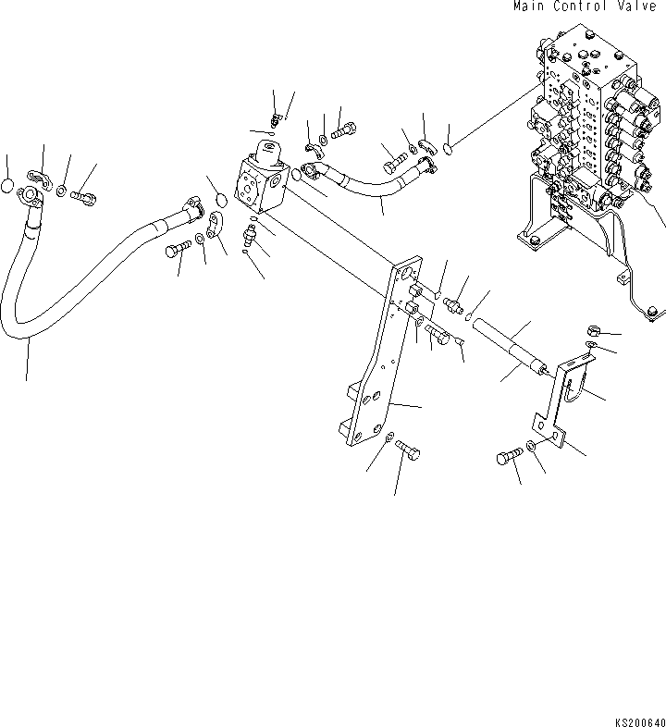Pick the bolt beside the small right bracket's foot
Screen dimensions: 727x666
[x=511, y=456]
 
